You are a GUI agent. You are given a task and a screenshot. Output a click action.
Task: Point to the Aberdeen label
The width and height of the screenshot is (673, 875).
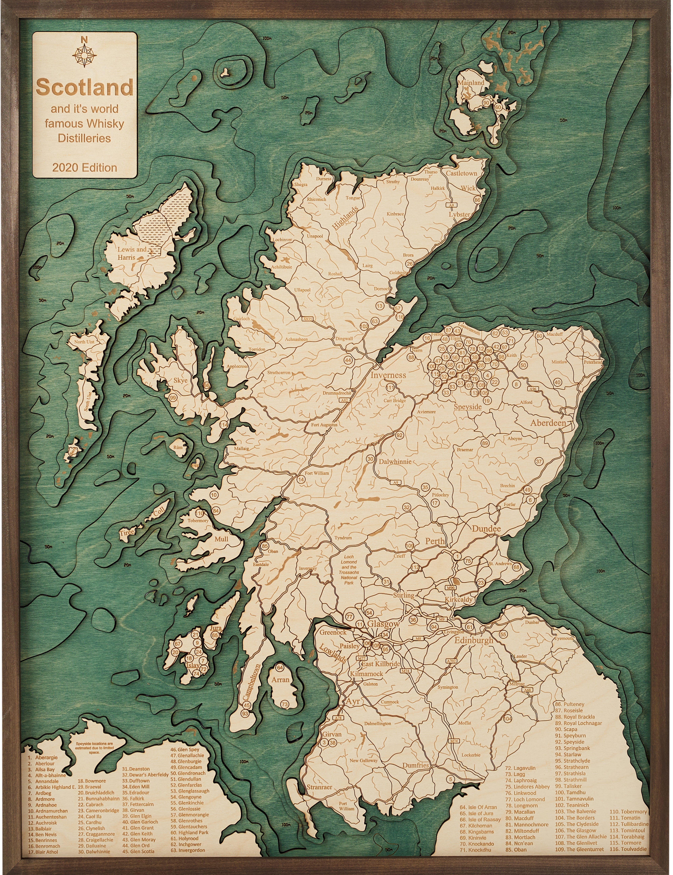click(x=548, y=423)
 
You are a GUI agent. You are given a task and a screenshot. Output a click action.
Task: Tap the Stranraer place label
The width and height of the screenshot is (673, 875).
click(x=319, y=787)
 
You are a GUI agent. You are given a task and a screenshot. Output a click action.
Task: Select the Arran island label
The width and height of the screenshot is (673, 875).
click(x=280, y=680)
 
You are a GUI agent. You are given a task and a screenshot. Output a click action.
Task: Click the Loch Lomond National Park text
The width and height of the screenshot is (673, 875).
click(x=348, y=569)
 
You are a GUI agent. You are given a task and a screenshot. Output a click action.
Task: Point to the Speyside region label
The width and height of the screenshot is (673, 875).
click(x=468, y=407)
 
